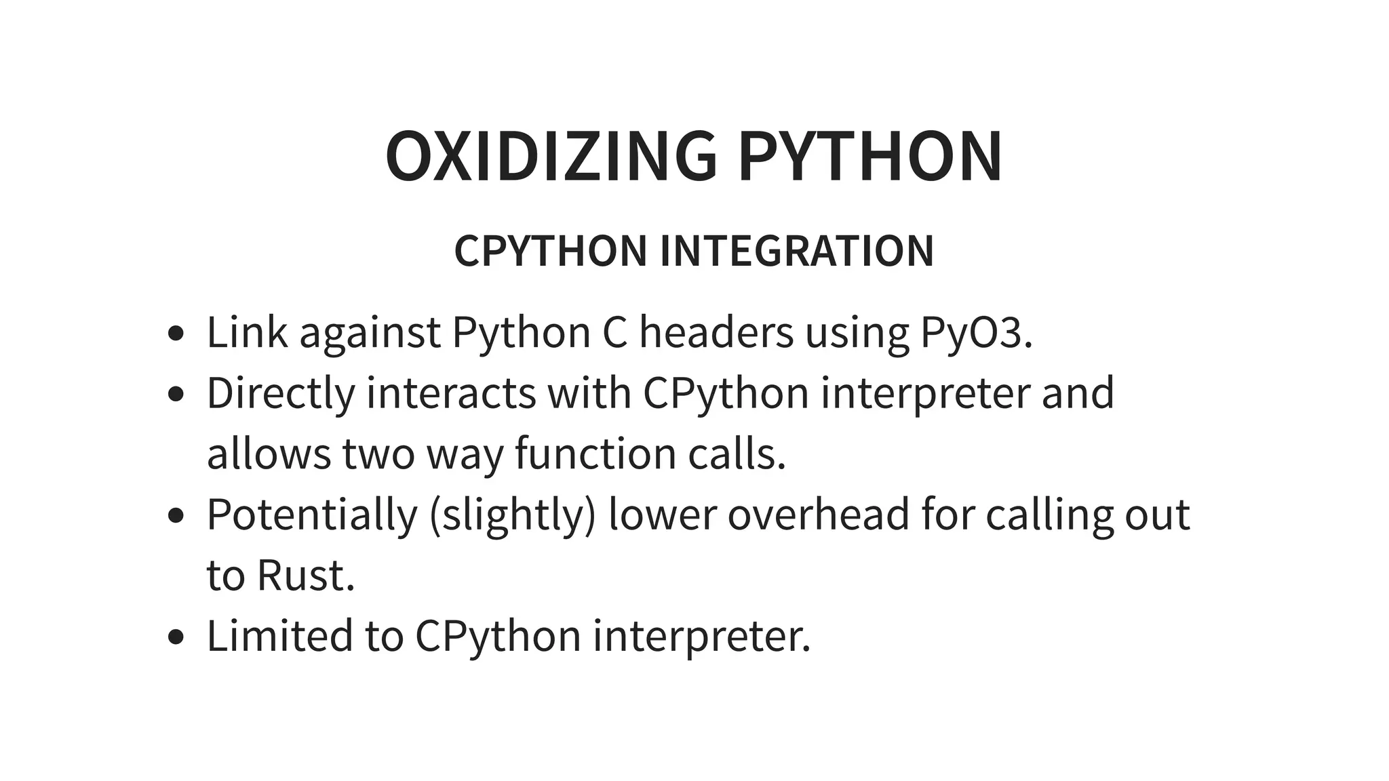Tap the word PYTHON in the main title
870,157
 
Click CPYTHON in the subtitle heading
551,251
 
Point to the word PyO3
976,332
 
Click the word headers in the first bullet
716,332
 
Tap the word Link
247,332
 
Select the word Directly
281,393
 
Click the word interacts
451,393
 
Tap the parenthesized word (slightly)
512,515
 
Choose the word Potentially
312,515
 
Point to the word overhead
819,515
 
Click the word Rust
305,575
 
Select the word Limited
280,636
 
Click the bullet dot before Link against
176,334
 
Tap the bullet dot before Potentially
176,516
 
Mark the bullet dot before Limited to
176,637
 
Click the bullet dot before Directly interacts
176,395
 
